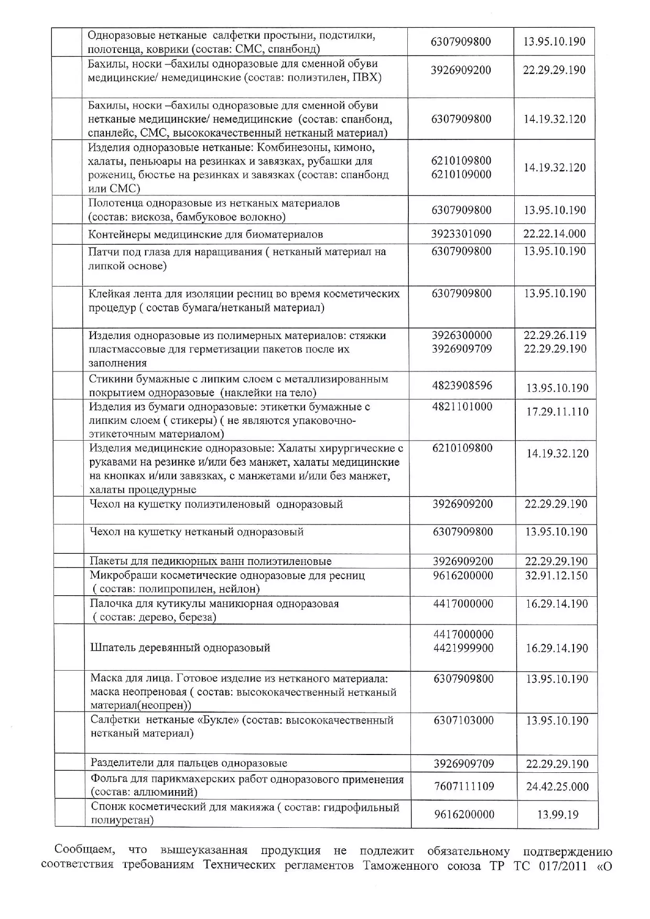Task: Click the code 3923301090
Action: (x=461, y=234)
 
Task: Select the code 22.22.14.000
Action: (x=555, y=234)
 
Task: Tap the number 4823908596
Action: (x=462, y=386)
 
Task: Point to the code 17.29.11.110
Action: (x=557, y=412)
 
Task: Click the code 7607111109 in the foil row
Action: (x=464, y=786)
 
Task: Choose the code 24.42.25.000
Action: (x=557, y=786)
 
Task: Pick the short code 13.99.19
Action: (x=557, y=815)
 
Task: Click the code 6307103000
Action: (x=463, y=720)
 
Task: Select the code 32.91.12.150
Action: (x=557, y=575)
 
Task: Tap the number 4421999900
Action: (x=463, y=648)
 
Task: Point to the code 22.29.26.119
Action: (x=555, y=335)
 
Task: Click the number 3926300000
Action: (x=462, y=335)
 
